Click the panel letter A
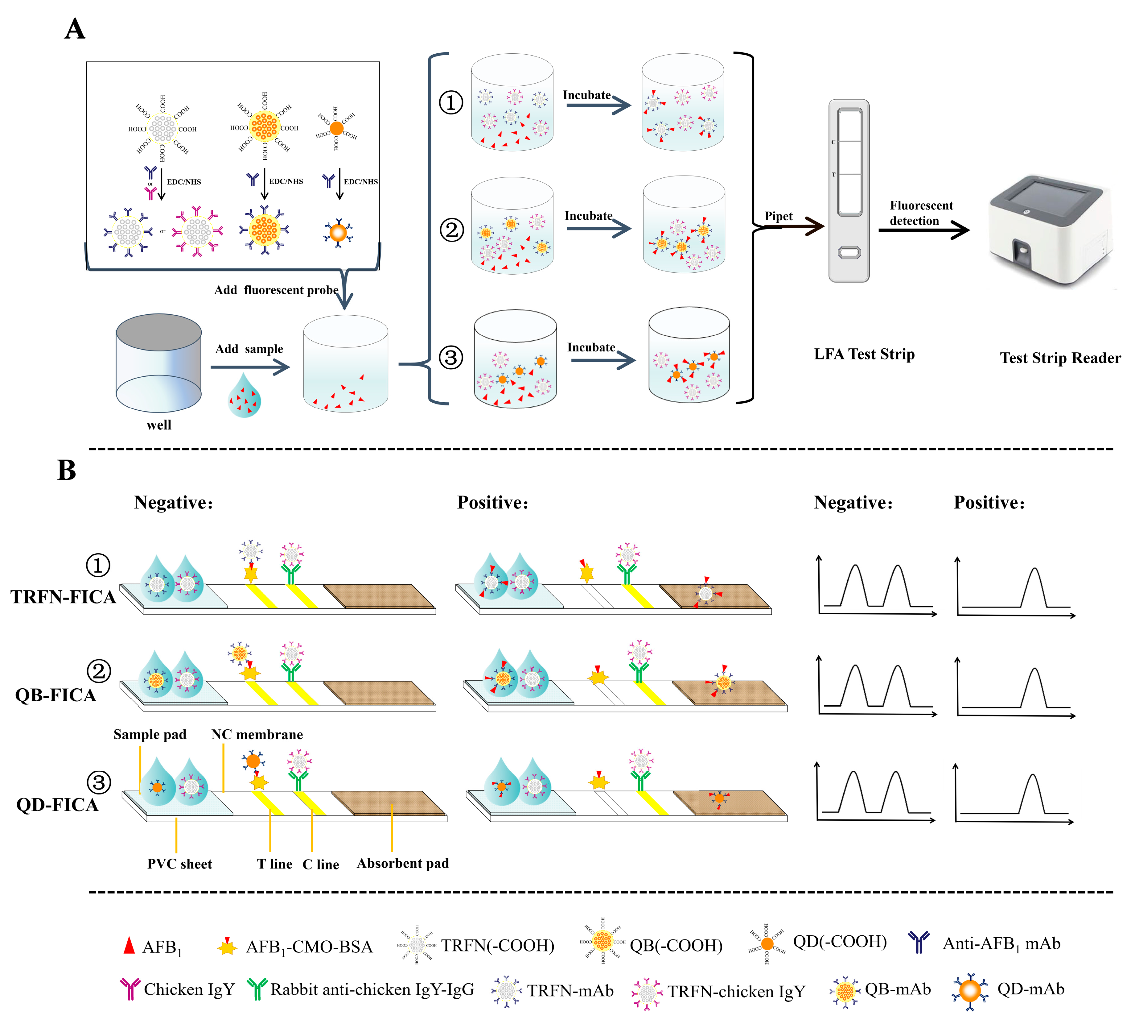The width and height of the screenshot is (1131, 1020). [x=75, y=29]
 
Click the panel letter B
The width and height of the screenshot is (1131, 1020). [x=66, y=470]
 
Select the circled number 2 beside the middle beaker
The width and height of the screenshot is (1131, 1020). [x=451, y=230]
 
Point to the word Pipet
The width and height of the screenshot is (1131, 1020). [x=778, y=216]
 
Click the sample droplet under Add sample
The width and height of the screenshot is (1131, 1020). [x=244, y=396]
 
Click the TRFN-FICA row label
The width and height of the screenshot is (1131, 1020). [x=63, y=597]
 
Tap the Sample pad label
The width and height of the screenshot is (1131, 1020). [x=150, y=735]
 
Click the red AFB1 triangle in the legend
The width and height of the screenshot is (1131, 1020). [x=130, y=945]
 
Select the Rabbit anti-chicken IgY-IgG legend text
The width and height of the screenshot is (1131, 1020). [x=372, y=990]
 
